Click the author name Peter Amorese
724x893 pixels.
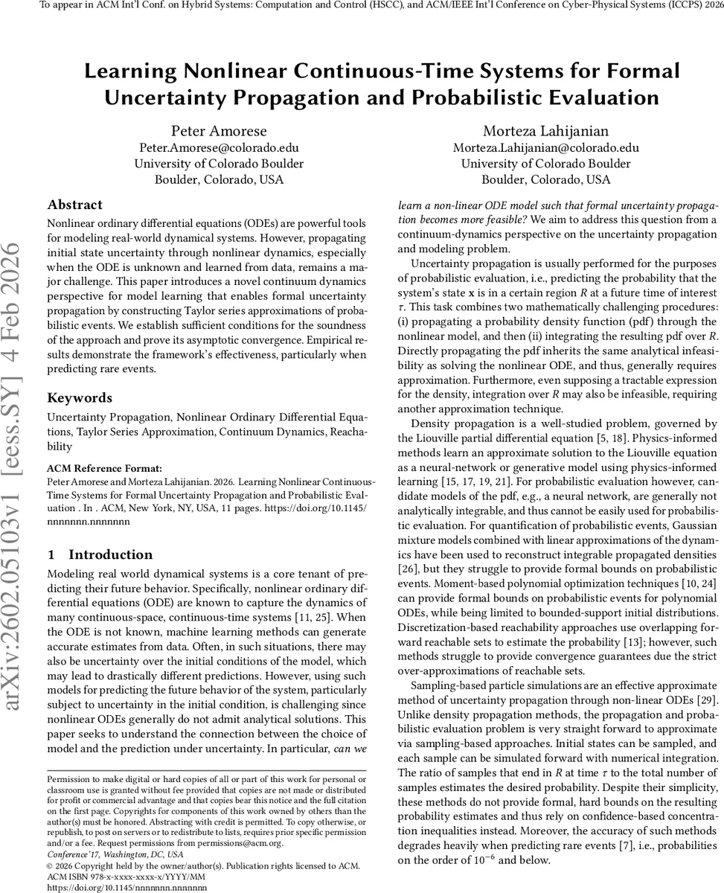[219, 132]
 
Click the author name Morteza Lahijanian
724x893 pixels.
[545, 132]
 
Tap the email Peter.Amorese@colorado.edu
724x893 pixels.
[219, 148]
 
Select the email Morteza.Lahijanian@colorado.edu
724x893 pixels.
[545, 148]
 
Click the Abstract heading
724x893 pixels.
[75, 205]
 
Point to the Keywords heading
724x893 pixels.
[80, 397]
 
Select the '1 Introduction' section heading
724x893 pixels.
[100, 554]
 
